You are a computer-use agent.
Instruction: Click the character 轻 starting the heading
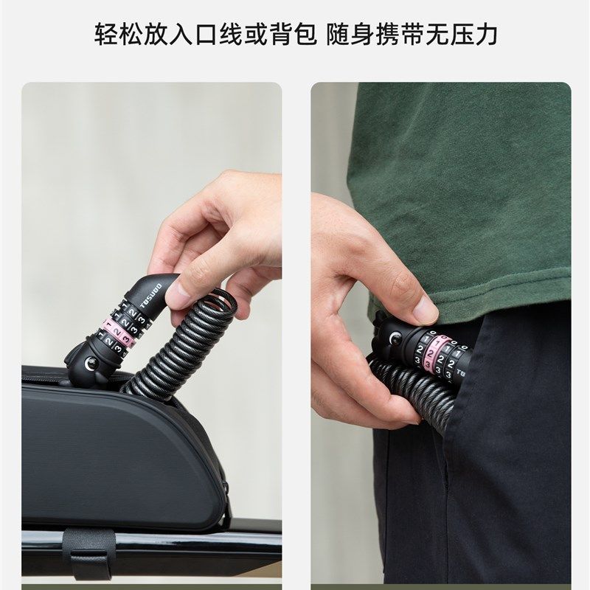point(106,34)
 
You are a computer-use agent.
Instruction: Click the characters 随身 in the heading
point(350,34)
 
